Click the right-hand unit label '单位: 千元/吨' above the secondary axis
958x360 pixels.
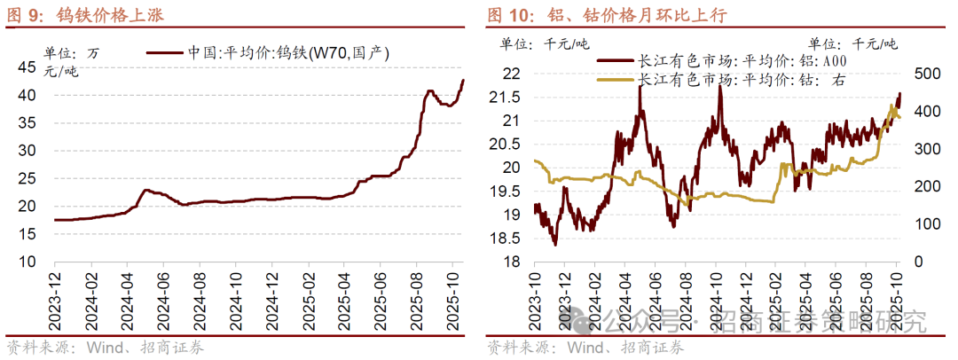852,43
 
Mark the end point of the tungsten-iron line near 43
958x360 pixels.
462,81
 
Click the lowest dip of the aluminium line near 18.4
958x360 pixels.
555,244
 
